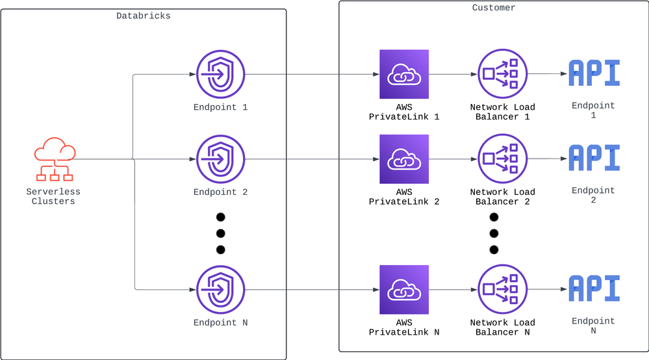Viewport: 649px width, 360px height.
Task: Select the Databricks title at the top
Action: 143,15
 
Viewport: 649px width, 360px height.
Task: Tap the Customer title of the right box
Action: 494,8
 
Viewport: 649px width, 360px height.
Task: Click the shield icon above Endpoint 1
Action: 220,74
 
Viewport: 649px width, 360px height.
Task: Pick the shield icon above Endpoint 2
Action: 220,159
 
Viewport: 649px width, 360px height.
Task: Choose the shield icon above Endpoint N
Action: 220,290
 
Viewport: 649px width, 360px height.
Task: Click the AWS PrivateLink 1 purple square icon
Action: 404,74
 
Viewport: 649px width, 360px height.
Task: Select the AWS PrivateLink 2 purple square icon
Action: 404,159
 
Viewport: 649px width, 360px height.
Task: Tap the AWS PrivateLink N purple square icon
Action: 404,290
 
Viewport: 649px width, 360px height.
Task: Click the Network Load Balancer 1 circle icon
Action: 502,74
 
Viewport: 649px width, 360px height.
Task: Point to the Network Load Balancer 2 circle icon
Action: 502,159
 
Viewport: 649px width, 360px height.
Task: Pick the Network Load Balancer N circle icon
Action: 502,290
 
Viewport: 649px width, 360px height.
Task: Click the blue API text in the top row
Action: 594,73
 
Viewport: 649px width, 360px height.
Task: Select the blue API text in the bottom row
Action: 594,289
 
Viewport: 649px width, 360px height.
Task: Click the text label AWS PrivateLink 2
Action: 404,197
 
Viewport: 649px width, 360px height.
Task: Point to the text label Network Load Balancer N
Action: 502,328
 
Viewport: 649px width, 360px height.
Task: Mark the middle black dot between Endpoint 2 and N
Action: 220,233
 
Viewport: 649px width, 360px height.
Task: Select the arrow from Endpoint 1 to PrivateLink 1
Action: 312,74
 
